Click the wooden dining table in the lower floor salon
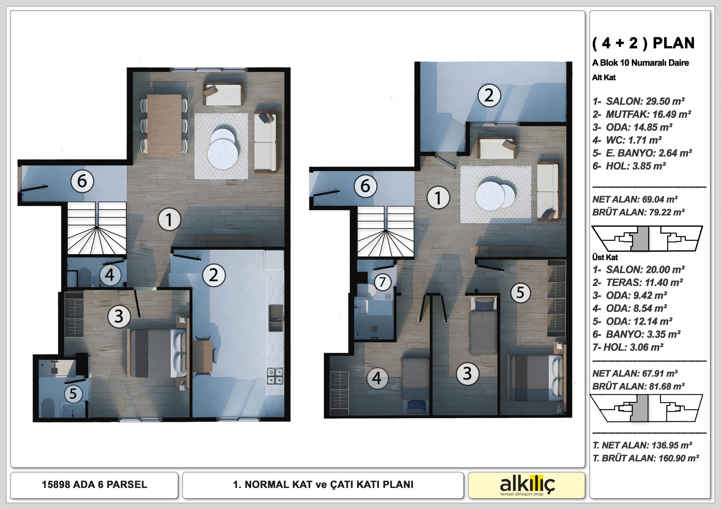[x=164, y=125]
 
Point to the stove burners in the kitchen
[x=275, y=376]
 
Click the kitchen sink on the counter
[x=276, y=318]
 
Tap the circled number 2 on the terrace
[x=489, y=95]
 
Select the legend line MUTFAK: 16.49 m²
[x=642, y=114]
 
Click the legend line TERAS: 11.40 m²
[x=637, y=283]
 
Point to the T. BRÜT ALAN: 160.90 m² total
[x=646, y=458]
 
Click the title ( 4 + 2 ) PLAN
[x=643, y=43]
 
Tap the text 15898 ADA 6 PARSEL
[x=95, y=485]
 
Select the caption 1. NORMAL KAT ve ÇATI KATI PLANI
[x=323, y=485]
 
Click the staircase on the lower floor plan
[x=97, y=228]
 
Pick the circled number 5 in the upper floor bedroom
[x=521, y=293]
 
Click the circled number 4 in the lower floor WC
[x=110, y=275]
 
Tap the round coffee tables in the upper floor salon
[x=495, y=196]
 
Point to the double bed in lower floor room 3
[x=158, y=353]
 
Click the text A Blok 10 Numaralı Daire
[x=640, y=63]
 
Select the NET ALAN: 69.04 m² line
[x=635, y=199]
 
